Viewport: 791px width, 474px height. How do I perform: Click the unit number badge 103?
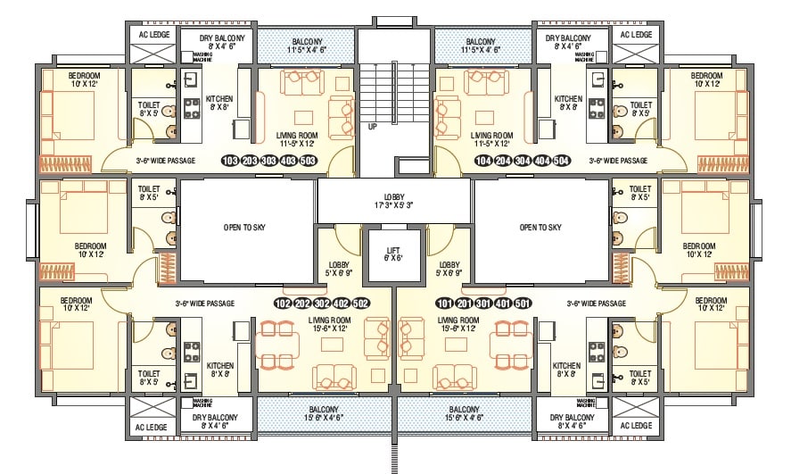point(229,161)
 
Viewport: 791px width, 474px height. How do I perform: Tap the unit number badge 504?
point(562,161)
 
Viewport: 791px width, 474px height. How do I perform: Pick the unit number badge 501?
point(523,303)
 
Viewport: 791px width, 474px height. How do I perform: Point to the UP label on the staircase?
point(372,127)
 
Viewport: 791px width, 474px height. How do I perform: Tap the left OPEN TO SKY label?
point(244,228)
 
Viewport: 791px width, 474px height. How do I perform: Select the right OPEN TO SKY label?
point(540,228)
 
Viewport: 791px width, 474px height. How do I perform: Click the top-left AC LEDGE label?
point(150,35)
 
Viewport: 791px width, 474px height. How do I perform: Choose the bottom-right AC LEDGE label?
point(636,427)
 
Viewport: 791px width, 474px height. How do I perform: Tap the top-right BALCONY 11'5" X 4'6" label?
point(480,46)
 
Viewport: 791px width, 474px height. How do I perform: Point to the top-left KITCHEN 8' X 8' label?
point(220,104)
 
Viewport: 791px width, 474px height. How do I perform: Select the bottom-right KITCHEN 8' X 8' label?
point(566,370)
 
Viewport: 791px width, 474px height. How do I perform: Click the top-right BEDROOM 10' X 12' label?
point(707,80)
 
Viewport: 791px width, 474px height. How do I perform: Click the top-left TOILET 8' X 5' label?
point(149,109)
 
